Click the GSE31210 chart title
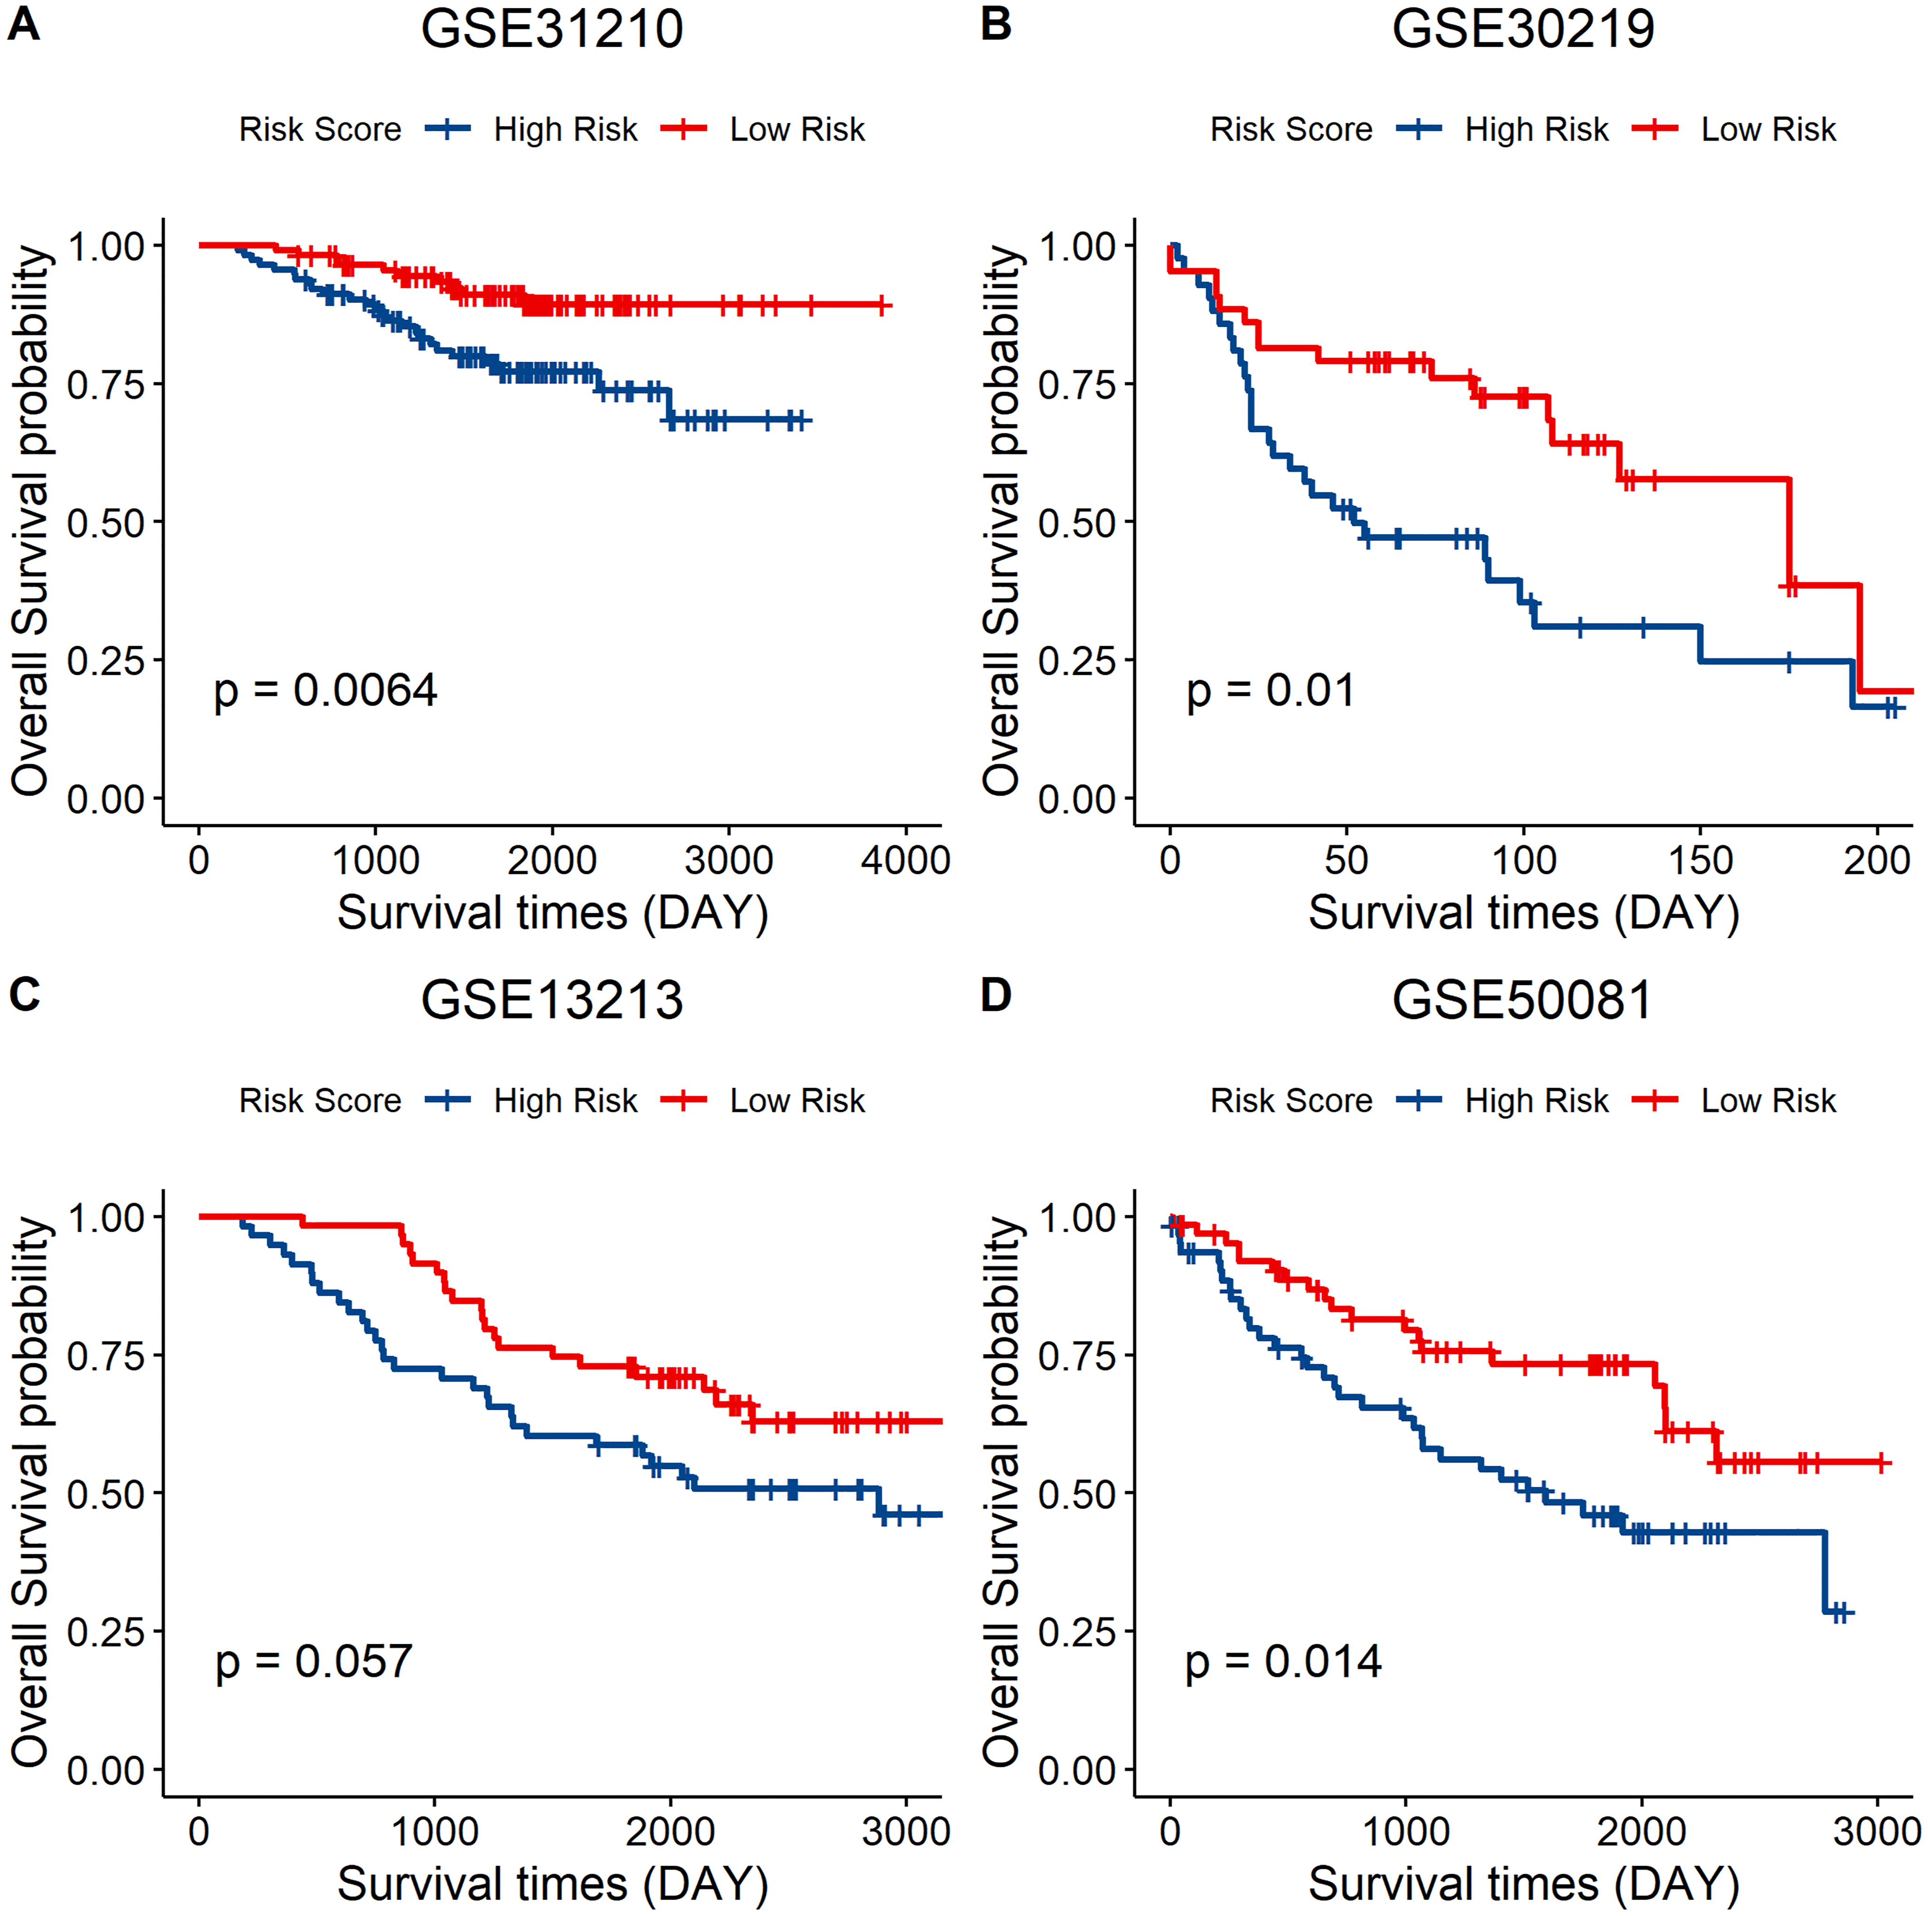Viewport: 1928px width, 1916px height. (552, 29)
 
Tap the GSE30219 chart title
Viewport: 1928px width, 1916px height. (1523, 29)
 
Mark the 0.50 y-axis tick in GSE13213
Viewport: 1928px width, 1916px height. (106, 1494)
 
